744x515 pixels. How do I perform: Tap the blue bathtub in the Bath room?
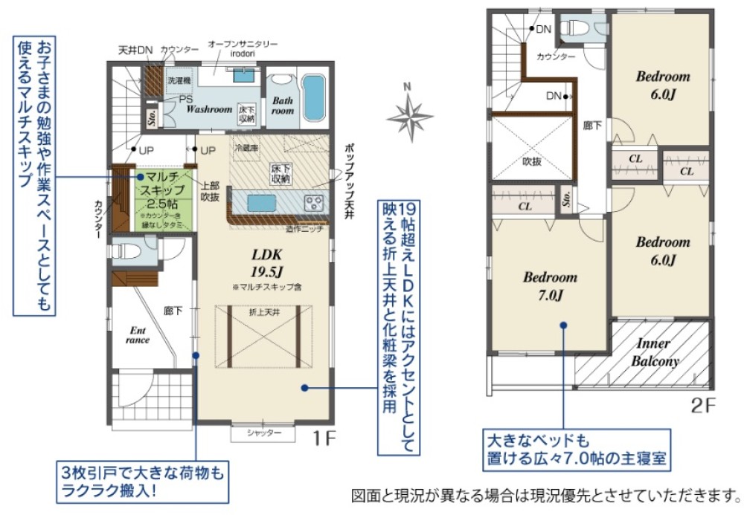(x=316, y=97)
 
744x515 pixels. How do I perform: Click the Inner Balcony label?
(x=655, y=352)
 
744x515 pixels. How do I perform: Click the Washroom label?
(x=209, y=108)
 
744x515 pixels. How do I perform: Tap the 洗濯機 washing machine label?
(x=178, y=80)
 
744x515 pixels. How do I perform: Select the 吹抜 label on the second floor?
(x=531, y=161)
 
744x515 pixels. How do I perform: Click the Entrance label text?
(x=138, y=334)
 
